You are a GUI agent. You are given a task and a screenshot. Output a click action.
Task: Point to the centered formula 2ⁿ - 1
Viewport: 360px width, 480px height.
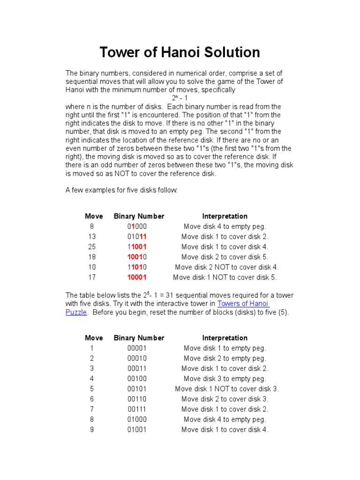tap(180, 98)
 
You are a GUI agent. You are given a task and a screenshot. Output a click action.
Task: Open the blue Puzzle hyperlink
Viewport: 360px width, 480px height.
tap(76, 312)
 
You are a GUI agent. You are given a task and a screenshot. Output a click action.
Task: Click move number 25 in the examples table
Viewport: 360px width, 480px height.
tap(92, 247)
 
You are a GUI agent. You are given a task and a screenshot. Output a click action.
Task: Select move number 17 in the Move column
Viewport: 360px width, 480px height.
tap(92, 277)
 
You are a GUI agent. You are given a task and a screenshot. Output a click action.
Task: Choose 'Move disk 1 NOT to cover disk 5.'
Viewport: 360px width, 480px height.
tap(225, 277)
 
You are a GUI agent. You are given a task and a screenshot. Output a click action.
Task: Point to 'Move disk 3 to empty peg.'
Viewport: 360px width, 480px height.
tap(225, 378)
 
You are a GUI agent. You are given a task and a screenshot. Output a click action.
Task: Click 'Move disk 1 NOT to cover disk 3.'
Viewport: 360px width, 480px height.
tap(227, 389)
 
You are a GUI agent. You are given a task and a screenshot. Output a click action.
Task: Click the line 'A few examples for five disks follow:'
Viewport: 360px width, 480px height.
tap(122, 190)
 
